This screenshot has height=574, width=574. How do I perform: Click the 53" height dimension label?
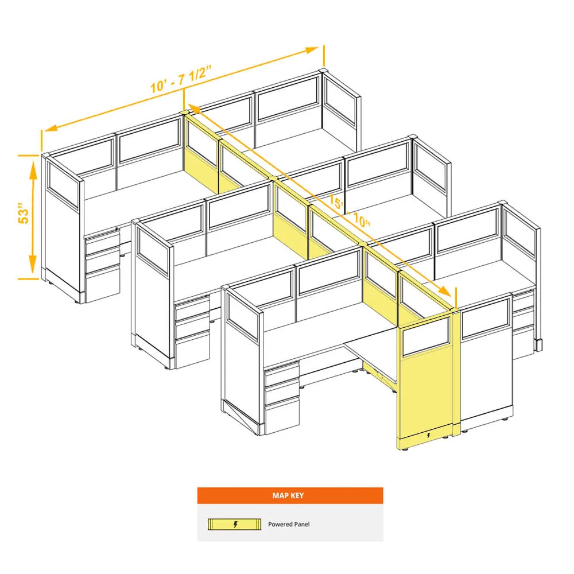[24, 212]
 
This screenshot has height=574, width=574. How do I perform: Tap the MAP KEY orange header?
[290, 495]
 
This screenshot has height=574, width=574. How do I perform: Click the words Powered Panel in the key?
[289, 524]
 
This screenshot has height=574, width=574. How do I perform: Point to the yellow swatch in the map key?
[234, 524]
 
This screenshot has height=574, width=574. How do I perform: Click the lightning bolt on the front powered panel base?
[429, 436]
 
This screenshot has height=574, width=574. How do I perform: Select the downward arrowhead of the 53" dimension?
[33, 263]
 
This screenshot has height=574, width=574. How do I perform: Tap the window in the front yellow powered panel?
[426, 337]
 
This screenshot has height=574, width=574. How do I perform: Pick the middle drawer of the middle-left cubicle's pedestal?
[192, 328]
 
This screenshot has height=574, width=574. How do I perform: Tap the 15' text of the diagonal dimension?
[336, 201]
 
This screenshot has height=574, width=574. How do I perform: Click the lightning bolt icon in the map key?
[235, 524]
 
